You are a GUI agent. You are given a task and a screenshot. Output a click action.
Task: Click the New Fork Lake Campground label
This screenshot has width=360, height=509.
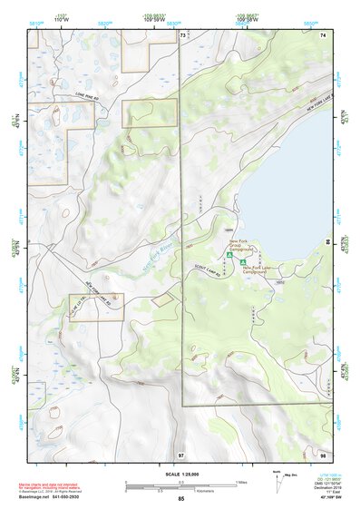point(262,271)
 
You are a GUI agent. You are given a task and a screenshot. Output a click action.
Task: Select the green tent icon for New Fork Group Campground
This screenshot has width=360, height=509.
point(230,257)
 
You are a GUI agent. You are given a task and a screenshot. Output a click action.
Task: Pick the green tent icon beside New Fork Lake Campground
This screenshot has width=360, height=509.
point(244,269)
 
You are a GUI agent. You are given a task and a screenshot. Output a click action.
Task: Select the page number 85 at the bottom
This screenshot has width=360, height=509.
point(180,499)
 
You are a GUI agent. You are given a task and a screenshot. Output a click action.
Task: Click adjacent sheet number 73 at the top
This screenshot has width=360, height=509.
point(182,35)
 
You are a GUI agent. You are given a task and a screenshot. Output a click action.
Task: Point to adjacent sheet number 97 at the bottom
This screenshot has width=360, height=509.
point(181,454)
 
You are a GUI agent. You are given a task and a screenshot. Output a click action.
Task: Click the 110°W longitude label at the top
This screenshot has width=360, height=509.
point(63,19)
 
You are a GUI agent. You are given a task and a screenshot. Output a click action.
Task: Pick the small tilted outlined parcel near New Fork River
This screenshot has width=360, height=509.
point(162,298)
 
